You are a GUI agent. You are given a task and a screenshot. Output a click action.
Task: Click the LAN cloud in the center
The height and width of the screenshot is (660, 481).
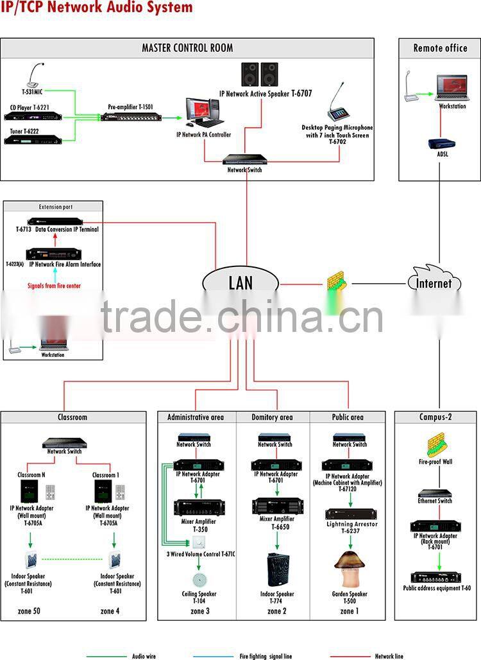240,282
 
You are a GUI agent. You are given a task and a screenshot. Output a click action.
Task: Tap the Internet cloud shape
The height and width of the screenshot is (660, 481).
434,282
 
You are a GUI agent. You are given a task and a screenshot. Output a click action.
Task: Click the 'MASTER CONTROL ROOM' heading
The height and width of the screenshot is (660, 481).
187,48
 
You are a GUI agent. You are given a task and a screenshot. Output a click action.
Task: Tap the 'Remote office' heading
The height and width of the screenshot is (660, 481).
440,48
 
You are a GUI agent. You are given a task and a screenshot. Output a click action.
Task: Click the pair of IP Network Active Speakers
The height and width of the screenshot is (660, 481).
259,74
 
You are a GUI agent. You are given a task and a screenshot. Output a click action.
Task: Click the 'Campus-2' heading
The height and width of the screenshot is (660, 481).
436,417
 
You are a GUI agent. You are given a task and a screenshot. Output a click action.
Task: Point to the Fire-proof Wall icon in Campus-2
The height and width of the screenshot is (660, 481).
435,446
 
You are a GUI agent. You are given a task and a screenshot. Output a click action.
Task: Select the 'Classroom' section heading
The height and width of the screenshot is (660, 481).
72,417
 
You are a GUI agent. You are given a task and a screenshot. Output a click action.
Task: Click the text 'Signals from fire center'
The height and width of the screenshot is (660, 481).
55,286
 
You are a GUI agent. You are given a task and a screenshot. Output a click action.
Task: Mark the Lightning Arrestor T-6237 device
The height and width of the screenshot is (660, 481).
350,515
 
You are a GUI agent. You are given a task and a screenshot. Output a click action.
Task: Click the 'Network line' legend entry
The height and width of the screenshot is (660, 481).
389,656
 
